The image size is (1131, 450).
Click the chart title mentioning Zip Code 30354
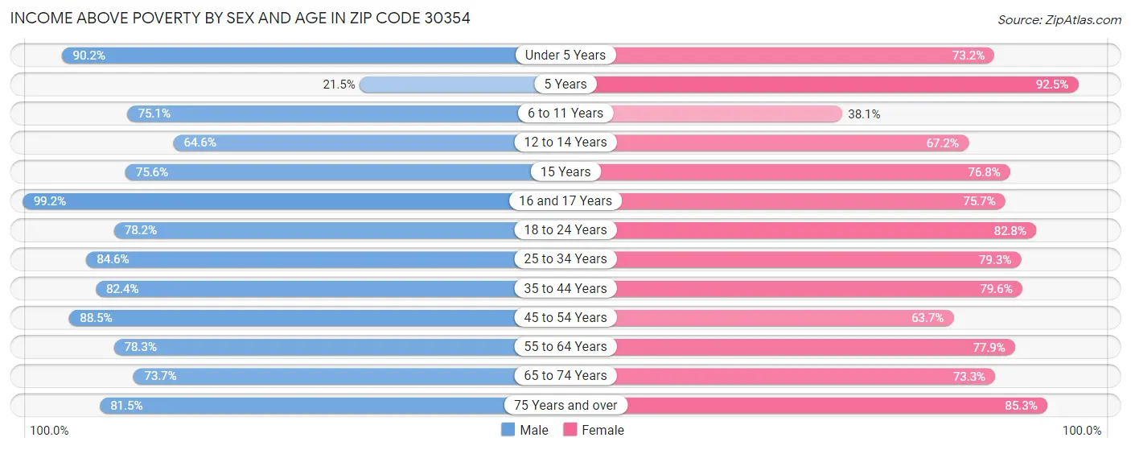[240, 17]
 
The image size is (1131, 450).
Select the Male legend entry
[524, 431]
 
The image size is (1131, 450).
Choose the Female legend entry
[594, 431]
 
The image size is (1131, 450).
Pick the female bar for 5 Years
[837, 84]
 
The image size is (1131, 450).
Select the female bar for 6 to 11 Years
[724, 114]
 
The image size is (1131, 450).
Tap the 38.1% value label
[864, 114]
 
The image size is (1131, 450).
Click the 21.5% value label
[339, 85]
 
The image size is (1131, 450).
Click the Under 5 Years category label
[565, 55]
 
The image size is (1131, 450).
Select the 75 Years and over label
[565, 405]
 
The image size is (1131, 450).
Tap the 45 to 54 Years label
[565, 317]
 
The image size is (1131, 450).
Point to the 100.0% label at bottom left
[50, 431]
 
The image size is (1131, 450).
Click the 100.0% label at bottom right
[1081, 431]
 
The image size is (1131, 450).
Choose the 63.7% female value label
[927, 318]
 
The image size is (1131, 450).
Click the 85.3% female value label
[1021, 406]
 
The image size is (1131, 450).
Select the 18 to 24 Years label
[565, 229]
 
